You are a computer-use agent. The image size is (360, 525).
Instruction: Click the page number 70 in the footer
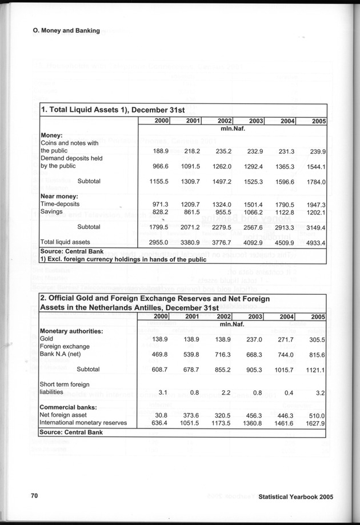34,496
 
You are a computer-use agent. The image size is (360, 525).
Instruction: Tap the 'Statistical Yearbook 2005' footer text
295,497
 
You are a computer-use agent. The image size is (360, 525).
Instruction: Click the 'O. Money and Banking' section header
66,30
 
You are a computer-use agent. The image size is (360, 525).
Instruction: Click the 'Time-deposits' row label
60,204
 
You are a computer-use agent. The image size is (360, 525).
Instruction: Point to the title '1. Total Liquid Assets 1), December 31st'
113,110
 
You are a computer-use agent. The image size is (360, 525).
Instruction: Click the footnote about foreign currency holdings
122,259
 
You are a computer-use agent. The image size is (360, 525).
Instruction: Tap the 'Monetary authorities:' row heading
71,331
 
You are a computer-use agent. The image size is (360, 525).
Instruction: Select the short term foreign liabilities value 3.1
162,392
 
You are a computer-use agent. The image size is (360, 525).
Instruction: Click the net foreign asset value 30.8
159,415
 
